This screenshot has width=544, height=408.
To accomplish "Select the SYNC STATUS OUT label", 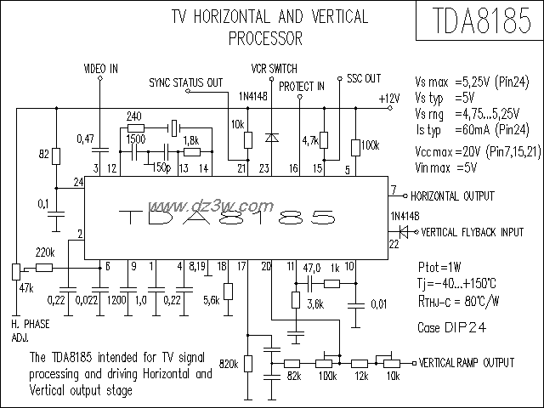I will (185, 82).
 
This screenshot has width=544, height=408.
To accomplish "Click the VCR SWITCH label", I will (275, 67).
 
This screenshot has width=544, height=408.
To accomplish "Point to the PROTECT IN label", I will (302, 87).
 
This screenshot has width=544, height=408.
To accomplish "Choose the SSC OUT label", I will (364, 78).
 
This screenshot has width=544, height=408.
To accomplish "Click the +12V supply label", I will (388, 98).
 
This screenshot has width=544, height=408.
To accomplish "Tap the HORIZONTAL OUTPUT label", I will (452, 195).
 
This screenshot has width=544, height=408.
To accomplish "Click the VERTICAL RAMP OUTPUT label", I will (468, 362).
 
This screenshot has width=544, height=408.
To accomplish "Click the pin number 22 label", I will (394, 244).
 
